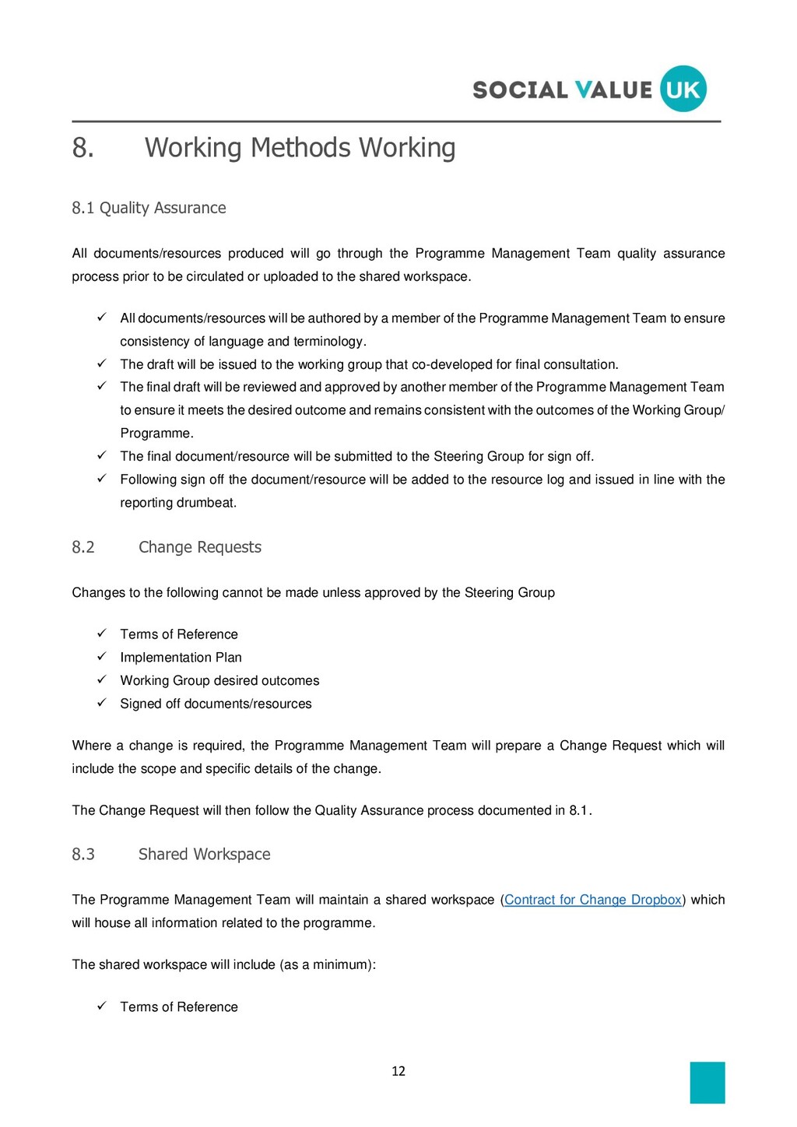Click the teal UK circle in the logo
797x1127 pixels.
pyautogui.click(x=683, y=90)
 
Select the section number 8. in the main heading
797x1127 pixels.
pyautogui.click(x=83, y=148)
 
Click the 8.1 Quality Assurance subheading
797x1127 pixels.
pyautogui.click(x=149, y=208)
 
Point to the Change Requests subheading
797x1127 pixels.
pyautogui.click(x=199, y=547)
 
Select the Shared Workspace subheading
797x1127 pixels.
pyautogui.click(x=204, y=854)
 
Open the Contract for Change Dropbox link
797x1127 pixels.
pyautogui.click(x=593, y=900)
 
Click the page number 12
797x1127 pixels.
pyautogui.click(x=398, y=1071)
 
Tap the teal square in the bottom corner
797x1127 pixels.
pyautogui.click(x=707, y=1083)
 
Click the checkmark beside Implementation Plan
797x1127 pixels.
pyautogui.click(x=101, y=657)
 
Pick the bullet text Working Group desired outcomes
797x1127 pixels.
pyautogui.click(x=219, y=680)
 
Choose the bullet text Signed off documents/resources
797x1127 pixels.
pyautogui.click(x=216, y=704)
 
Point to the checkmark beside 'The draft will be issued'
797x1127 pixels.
pyautogui.click(x=101, y=363)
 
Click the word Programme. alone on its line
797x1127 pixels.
pyautogui.click(x=156, y=434)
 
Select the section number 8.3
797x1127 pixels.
pyautogui.click(x=83, y=854)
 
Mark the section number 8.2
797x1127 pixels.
pyautogui.click(x=83, y=547)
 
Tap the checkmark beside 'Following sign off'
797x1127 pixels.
pyautogui.click(x=101, y=479)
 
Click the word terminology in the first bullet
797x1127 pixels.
pyautogui.click(x=326, y=342)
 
